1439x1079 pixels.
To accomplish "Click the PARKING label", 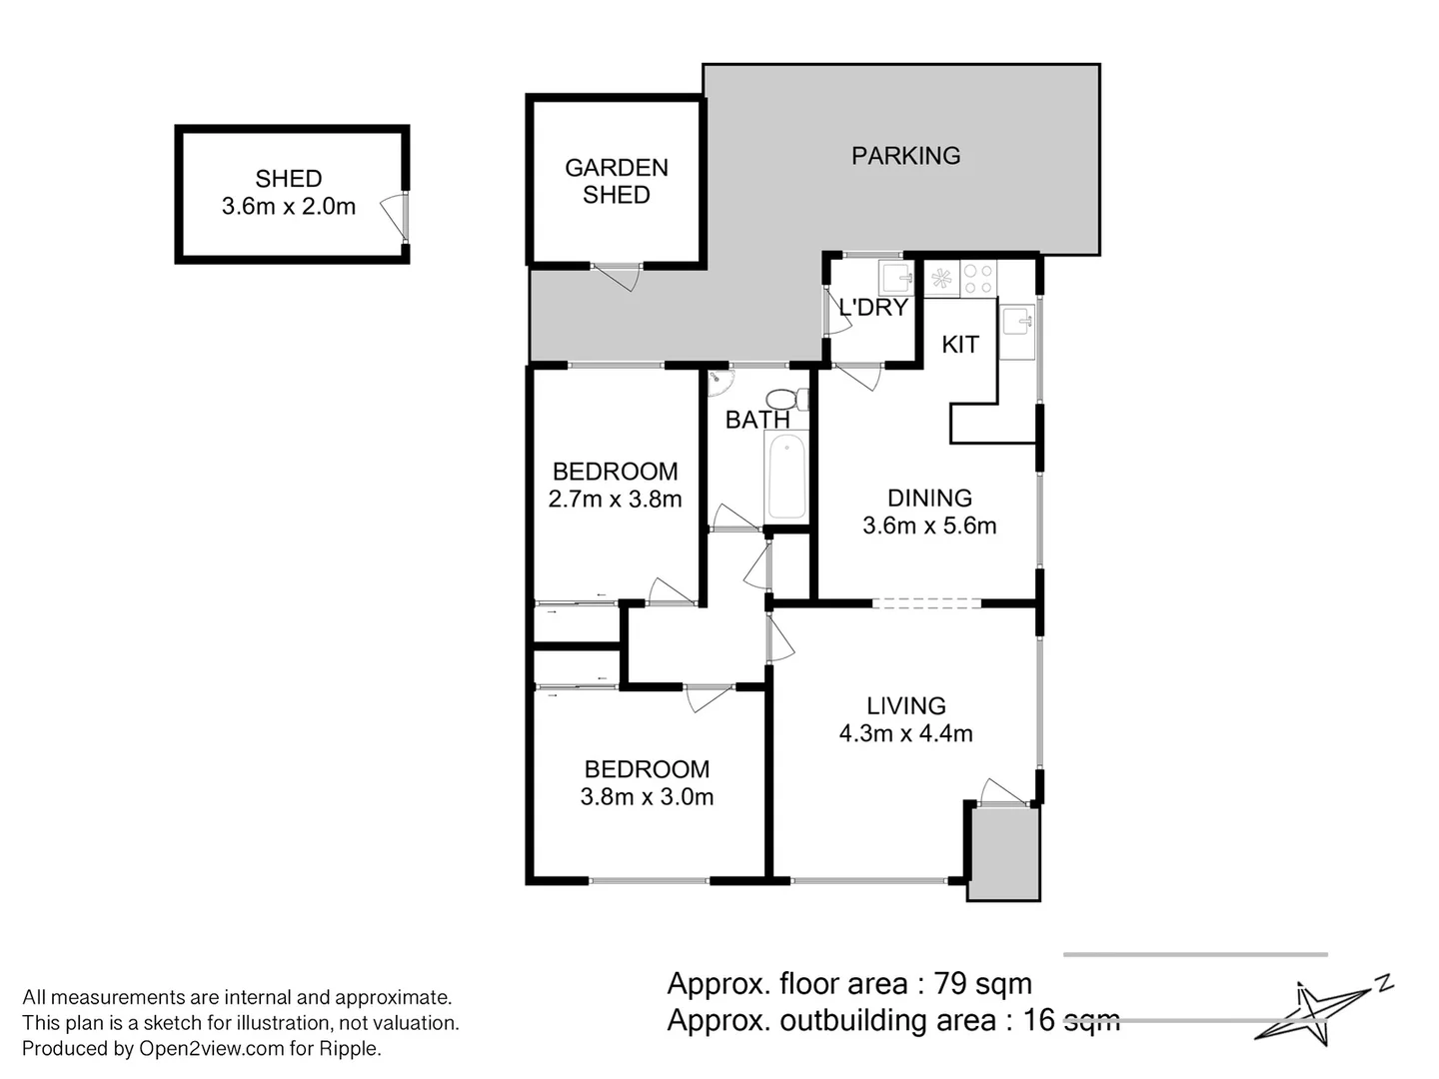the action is [x=905, y=156].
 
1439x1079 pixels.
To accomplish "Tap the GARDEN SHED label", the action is [x=617, y=182].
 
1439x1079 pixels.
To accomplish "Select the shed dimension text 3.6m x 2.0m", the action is [x=289, y=207].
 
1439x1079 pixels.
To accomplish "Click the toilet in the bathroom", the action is [x=786, y=399].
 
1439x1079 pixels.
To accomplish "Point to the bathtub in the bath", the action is [x=786, y=477].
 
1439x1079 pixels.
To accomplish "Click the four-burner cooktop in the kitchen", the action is [x=978, y=279].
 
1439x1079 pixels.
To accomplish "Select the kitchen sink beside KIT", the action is [x=1017, y=332].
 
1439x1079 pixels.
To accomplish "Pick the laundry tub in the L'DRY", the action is [x=896, y=279].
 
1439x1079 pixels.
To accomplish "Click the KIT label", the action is [x=959, y=345].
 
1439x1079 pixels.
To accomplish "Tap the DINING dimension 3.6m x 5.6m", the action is [x=929, y=526].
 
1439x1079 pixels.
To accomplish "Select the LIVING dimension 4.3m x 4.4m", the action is [x=905, y=733].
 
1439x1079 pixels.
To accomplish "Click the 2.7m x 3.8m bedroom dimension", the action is [x=615, y=500].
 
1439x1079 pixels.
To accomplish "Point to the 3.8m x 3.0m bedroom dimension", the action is [x=647, y=796].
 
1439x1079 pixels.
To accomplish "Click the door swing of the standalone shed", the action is [x=394, y=216].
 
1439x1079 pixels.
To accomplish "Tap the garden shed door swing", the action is [x=616, y=277].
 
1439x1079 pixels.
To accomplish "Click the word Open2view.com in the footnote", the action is [x=211, y=1048].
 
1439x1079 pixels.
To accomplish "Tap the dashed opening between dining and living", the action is [x=926, y=602].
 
